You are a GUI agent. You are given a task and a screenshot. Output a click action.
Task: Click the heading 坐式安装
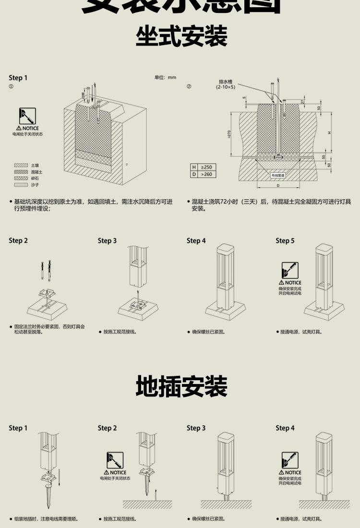pyautogui.click(x=181, y=36)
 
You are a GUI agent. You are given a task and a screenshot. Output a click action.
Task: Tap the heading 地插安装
pyautogui.click(x=181, y=387)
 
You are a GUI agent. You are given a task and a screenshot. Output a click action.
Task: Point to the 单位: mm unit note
pyautogui.click(x=165, y=78)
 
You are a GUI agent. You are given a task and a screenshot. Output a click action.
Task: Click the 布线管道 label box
pyautogui.click(x=278, y=176)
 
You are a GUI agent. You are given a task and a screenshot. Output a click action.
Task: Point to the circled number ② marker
pyautogui.click(x=189, y=86)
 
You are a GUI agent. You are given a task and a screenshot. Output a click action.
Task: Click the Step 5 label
pyautogui.click(x=285, y=241)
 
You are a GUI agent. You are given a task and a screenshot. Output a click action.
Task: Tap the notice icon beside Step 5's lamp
pyautogui.click(x=290, y=270)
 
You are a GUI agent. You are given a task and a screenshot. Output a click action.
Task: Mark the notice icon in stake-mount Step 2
pyautogui.click(x=115, y=460)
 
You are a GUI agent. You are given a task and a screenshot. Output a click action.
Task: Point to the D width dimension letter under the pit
pyautogui.click(x=278, y=185)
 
